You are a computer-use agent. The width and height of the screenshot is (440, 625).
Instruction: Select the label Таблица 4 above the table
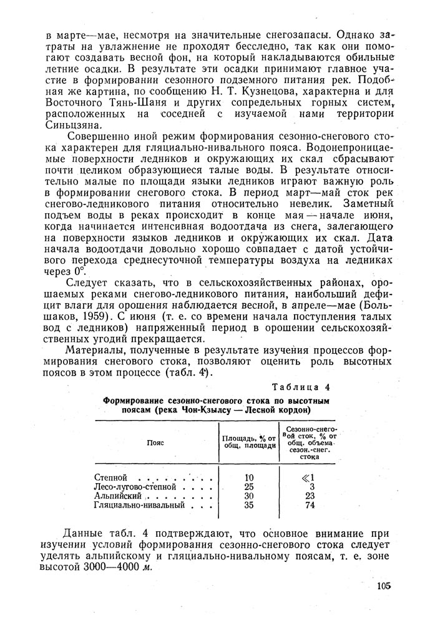(301, 386)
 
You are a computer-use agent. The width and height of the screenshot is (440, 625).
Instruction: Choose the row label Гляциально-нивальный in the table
(138, 504)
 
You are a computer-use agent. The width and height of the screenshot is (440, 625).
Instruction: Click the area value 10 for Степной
(250, 477)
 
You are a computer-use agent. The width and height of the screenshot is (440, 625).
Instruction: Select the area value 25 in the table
(250, 486)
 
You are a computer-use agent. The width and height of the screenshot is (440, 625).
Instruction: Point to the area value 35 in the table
(250, 504)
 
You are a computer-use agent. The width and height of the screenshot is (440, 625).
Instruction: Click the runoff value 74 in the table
(310, 504)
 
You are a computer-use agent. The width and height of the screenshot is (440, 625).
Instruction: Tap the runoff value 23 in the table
(310, 496)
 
